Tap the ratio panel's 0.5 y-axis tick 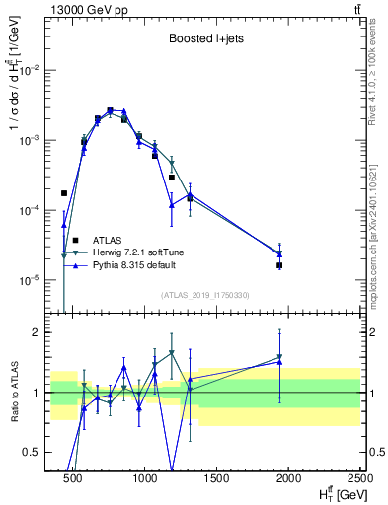36,452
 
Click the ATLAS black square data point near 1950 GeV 280,265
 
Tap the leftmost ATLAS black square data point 64,193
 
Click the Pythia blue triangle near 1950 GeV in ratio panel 280,362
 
